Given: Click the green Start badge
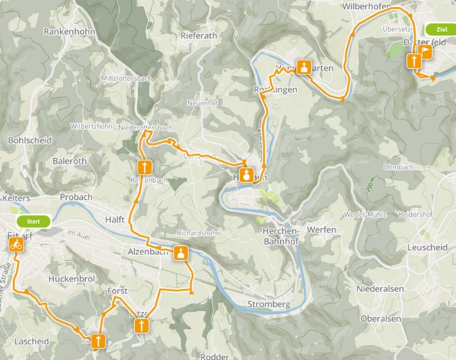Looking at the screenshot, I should point(33,222).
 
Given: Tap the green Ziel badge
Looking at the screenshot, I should point(441,30).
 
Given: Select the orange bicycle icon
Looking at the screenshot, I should point(16,245).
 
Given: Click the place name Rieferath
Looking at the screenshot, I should point(199,36).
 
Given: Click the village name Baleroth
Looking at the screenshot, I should point(70,160).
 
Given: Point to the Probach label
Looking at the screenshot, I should point(76,197).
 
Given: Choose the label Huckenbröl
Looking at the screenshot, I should point(72,279).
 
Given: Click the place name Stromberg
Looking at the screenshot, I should point(269,303).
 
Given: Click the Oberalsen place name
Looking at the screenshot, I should point(381,318).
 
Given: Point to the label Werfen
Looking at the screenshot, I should point(322,229).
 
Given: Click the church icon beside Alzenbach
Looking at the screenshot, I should point(181,252).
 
